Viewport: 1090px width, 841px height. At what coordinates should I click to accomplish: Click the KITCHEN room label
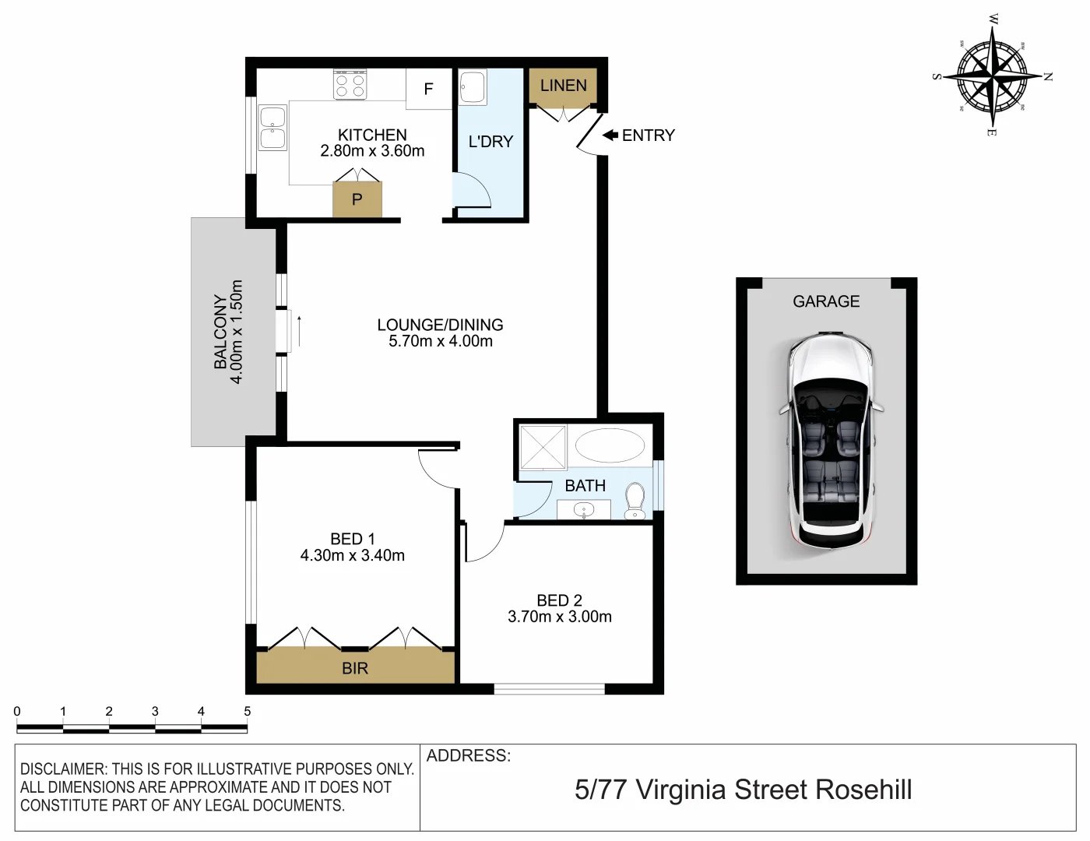pos(372,135)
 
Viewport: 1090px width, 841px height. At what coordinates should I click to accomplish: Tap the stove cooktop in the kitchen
pos(350,84)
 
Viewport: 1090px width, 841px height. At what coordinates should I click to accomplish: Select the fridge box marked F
pos(428,89)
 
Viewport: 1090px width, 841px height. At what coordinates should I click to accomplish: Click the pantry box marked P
pos(357,199)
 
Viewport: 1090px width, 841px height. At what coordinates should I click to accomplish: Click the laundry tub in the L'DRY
pos(473,87)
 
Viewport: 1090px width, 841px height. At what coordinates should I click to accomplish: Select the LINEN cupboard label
pos(563,86)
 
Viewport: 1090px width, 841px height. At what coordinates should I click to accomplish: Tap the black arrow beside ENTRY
pos(610,135)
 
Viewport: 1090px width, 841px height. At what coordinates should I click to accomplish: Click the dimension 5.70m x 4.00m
pos(441,341)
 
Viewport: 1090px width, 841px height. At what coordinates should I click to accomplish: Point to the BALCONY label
pos(221,332)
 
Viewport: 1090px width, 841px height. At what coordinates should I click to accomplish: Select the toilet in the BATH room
pos(636,500)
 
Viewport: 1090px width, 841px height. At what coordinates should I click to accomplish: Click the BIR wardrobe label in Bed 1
pos(355,668)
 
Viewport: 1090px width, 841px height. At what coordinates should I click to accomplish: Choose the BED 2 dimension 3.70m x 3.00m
pos(559,617)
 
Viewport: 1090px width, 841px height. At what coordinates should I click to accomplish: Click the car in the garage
pos(831,440)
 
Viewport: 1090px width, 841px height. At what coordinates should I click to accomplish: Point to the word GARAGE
pos(826,301)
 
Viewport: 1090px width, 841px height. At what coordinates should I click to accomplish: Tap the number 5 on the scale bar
pos(247,711)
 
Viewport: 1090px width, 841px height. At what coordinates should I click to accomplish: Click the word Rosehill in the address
pos(863,790)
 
